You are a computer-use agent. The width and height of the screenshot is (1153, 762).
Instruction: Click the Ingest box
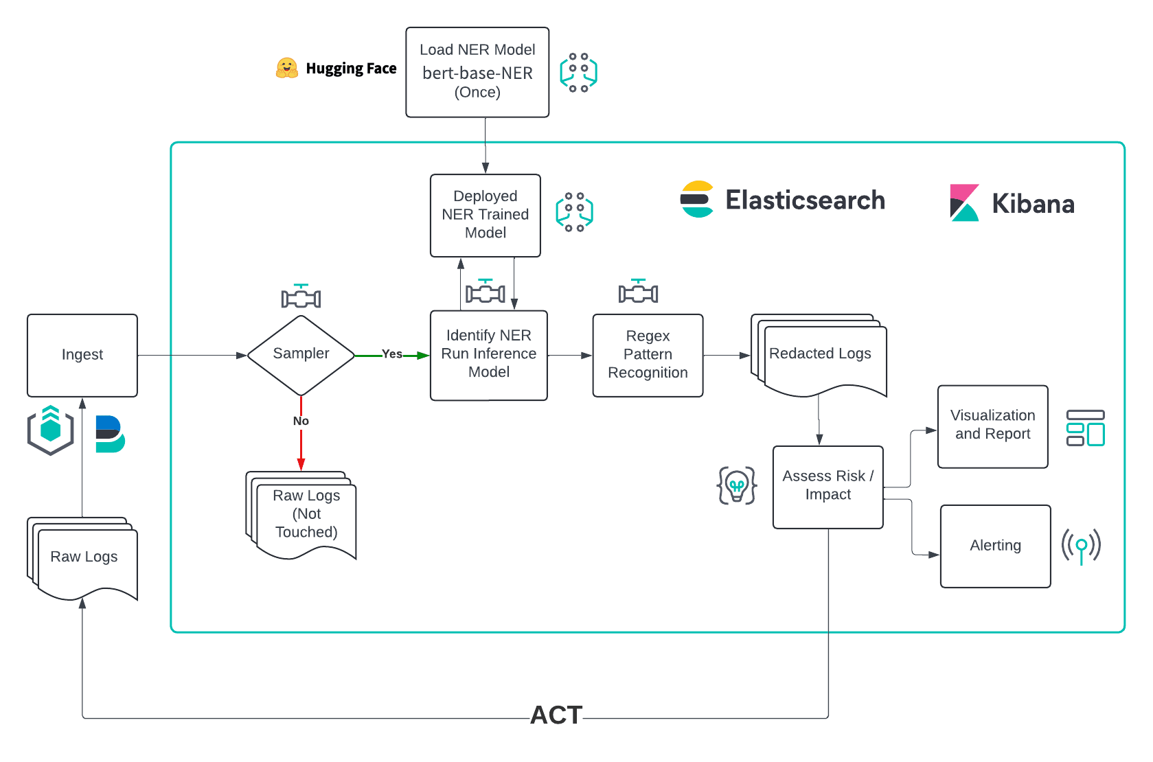[x=82, y=355]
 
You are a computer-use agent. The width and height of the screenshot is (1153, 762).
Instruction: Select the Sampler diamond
[x=301, y=354]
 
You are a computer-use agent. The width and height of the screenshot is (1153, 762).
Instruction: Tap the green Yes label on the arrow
[x=391, y=354]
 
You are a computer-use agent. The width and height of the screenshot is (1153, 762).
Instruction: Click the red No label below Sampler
[x=301, y=421]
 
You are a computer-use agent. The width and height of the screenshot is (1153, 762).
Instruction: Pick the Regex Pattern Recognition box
[x=648, y=355]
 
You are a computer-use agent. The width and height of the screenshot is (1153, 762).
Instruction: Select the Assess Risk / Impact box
[x=827, y=487]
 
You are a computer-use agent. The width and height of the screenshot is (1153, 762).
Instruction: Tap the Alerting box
[x=995, y=546]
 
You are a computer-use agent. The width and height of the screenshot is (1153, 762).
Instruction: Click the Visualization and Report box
[x=992, y=426]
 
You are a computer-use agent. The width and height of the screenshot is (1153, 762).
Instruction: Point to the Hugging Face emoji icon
[x=286, y=68]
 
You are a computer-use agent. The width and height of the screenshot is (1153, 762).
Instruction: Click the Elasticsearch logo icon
[x=697, y=200]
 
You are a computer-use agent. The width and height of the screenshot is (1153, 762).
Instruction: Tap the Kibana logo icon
[x=964, y=203]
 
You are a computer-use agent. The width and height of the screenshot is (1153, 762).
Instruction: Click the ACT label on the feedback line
[x=556, y=715]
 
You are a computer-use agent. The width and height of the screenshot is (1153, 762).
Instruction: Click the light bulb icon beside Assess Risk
[x=737, y=485]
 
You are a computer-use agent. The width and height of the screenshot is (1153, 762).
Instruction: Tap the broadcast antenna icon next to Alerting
[x=1081, y=546]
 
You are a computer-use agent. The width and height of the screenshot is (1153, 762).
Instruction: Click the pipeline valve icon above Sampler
[x=301, y=297]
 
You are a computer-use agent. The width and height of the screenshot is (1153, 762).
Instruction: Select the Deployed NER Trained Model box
[x=485, y=215]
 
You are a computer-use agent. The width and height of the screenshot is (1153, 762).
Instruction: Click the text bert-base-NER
[x=477, y=73]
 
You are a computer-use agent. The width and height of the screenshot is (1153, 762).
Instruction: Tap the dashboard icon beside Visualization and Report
[x=1085, y=428]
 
